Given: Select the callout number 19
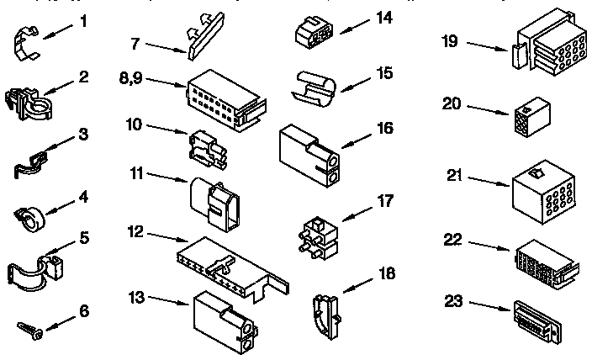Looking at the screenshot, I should tap(451, 40).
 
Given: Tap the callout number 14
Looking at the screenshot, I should tap(384, 17).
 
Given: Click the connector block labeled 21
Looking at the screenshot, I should tap(542, 187).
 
